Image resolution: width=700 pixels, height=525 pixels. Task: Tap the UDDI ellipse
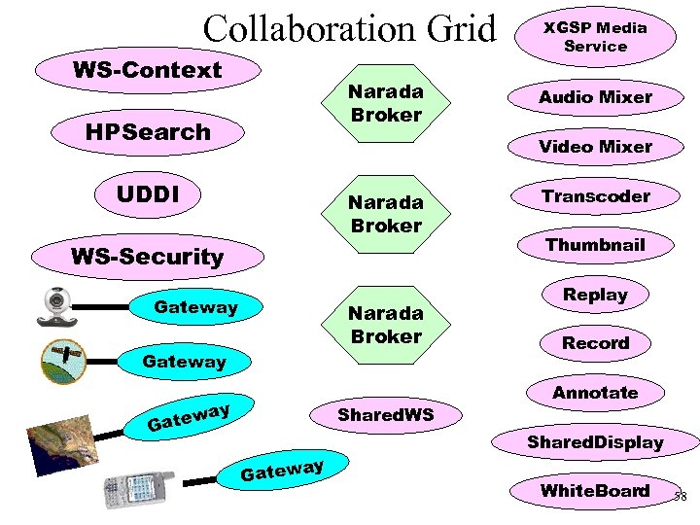point(148,193)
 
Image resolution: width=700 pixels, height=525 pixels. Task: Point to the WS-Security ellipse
point(147,257)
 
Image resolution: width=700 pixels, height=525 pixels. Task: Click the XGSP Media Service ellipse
point(595,37)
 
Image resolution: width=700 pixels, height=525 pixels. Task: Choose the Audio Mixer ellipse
point(595,96)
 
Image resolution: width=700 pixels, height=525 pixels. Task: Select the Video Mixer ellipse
point(595,146)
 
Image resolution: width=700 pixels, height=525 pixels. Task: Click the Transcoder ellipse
point(595,195)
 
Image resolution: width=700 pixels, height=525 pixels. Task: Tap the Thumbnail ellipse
point(595,245)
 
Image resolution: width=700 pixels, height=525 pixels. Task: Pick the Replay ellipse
point(595,294)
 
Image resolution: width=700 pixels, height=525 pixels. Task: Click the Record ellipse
point(595,343)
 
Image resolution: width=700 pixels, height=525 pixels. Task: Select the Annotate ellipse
point(595,393)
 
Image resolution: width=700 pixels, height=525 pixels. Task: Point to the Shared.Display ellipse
point(595,442)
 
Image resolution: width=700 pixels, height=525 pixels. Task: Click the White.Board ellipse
point(595,491)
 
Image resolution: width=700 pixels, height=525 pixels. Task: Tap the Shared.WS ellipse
point(385,415)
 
